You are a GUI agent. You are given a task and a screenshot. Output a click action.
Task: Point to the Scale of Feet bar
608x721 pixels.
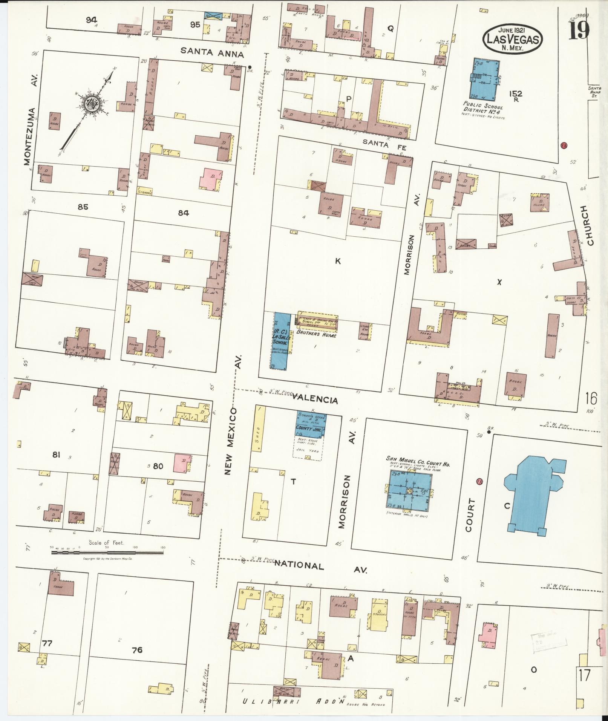tap(107, 553)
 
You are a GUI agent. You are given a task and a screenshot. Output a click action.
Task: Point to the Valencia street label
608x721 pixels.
tap(314, 399)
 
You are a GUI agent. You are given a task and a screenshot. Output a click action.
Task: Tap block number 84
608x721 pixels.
tap(184, 213)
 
